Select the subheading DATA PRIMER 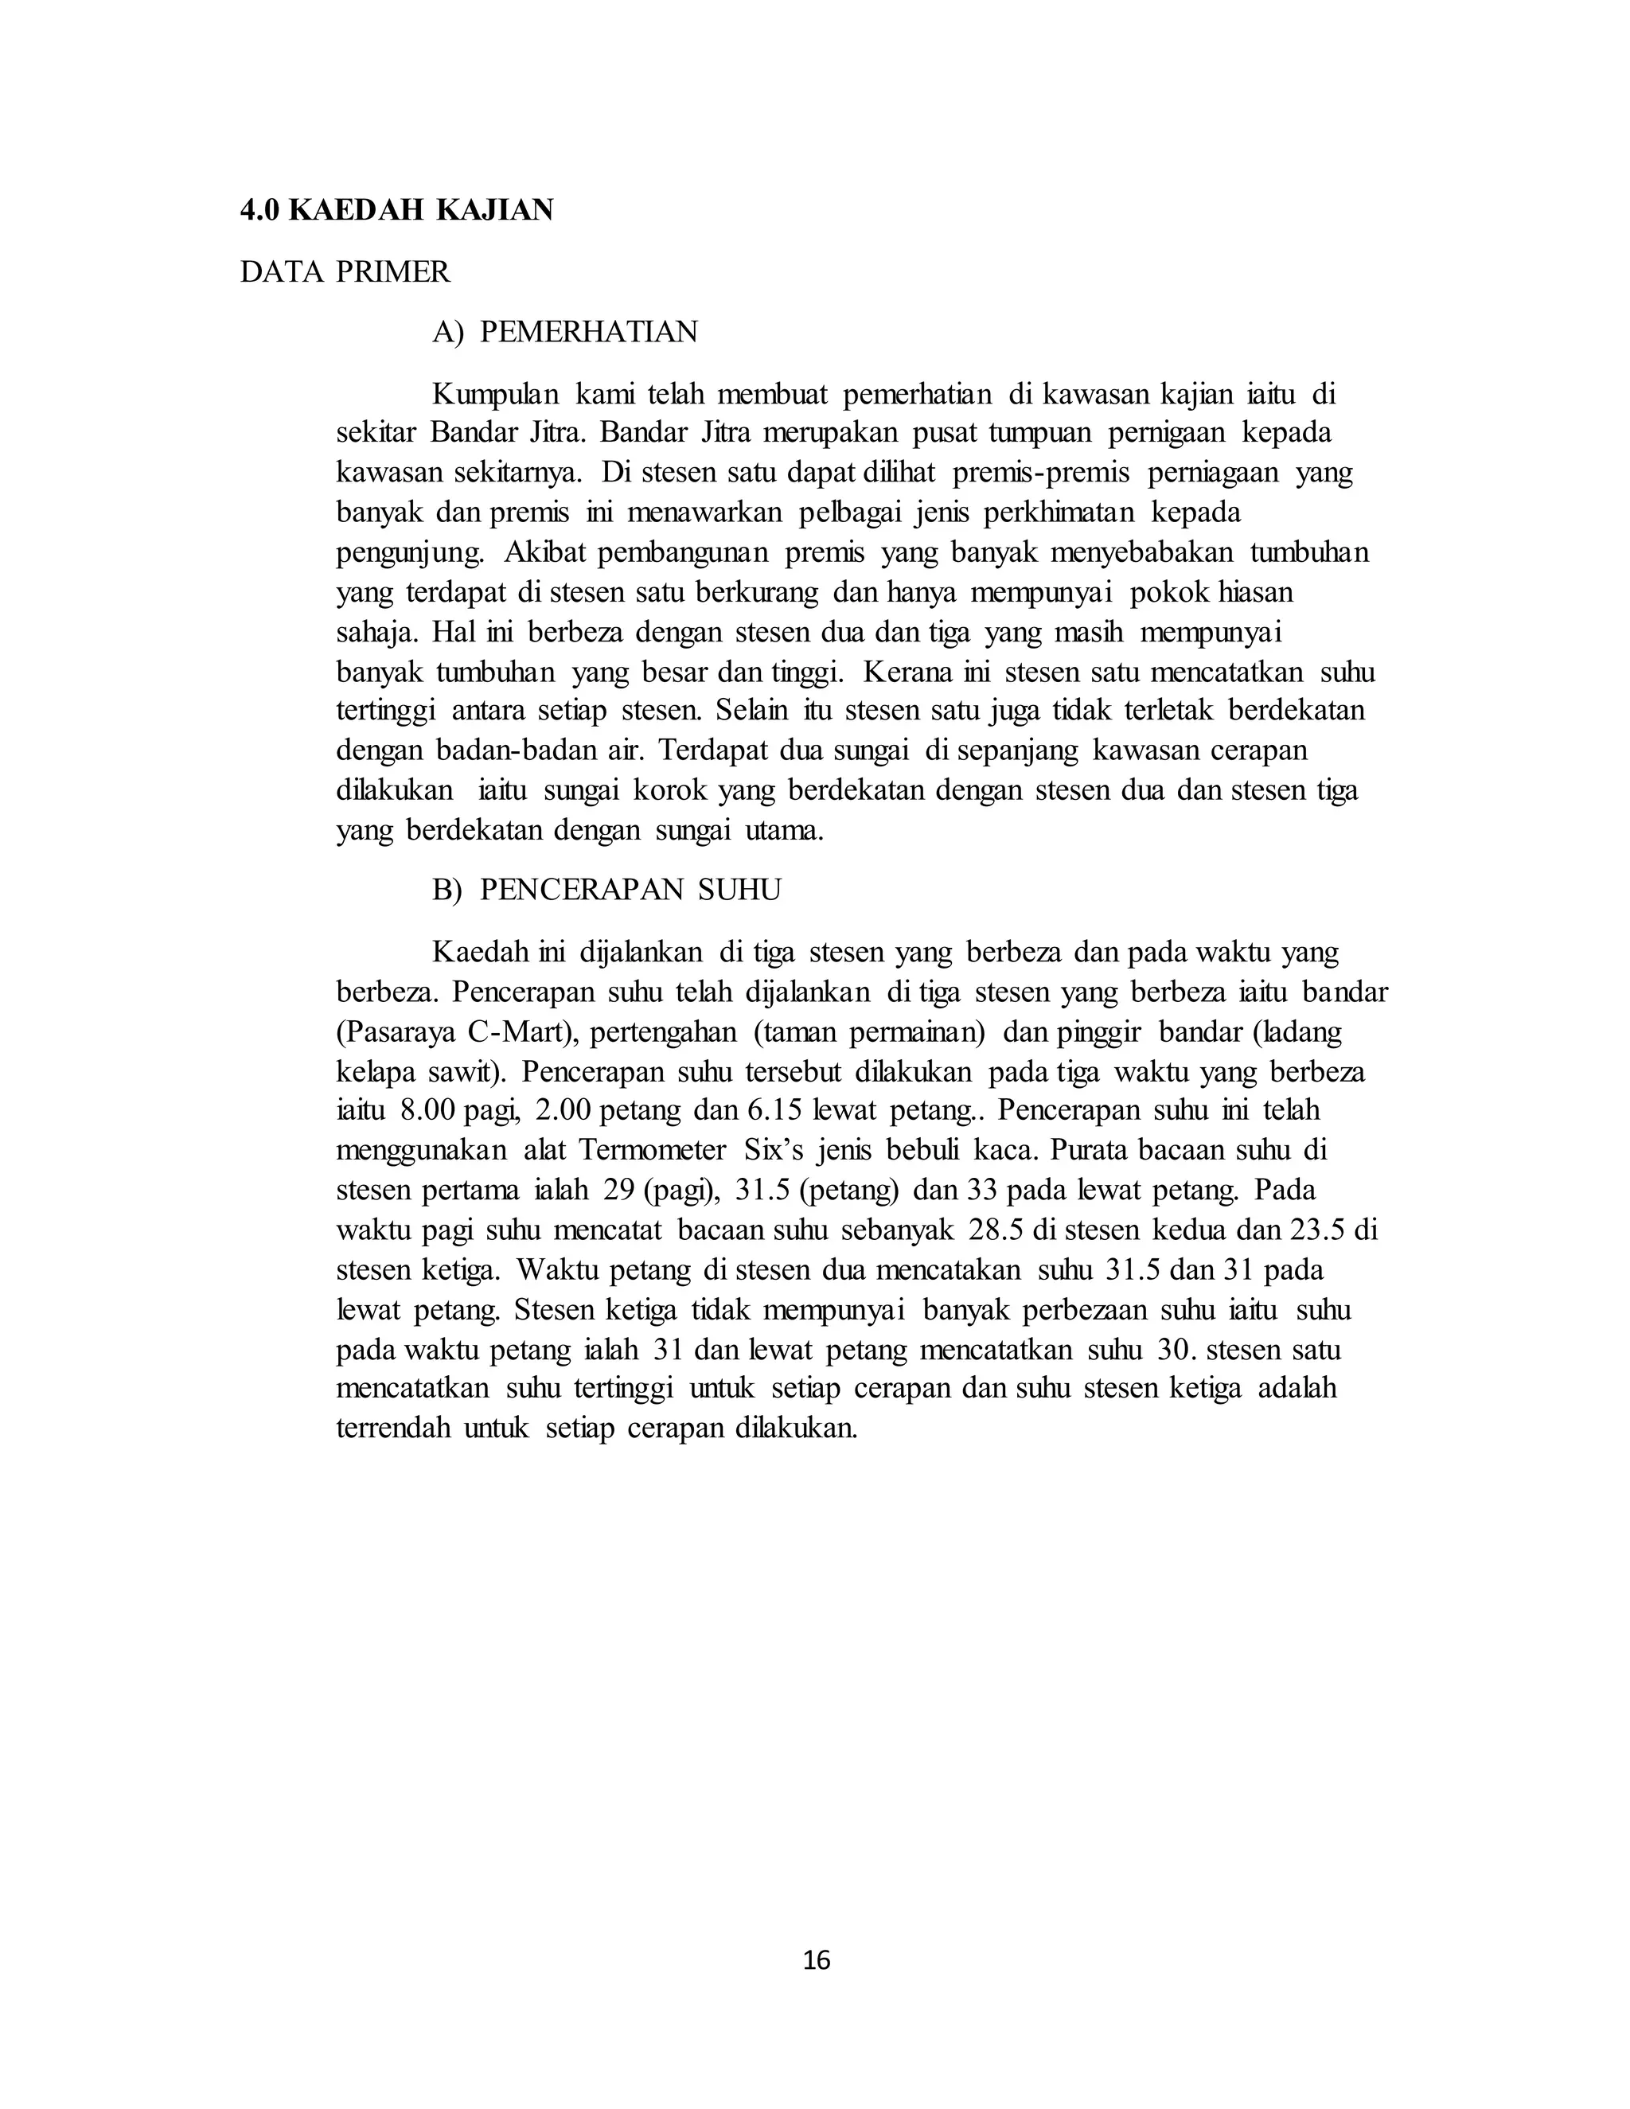click(x=345, y=272)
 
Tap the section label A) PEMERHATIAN click(x=565, y=332)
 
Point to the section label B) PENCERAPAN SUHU click(x=606, y=890)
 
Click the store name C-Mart click(x=521, y=1032)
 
